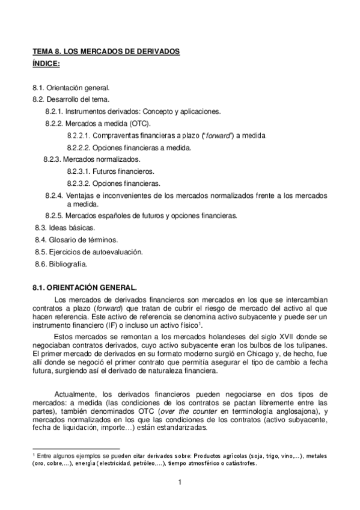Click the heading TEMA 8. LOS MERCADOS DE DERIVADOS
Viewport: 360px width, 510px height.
click(106, 52)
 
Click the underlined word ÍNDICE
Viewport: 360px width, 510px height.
click(47, 63)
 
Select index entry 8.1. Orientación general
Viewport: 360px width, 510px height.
click(71, 88)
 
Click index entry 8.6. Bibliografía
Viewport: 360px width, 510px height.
click(61, 263)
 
